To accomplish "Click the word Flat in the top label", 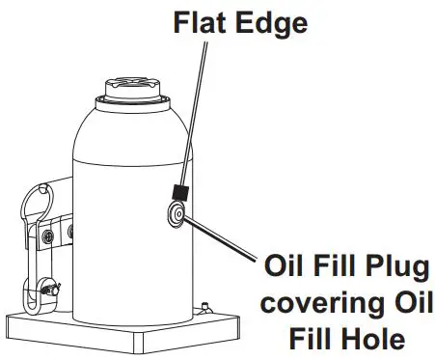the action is (197, 20).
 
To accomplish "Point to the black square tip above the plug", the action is (177, 192).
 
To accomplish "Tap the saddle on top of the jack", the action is (126, 90).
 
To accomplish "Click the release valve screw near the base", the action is (44, 288).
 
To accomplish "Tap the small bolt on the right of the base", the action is (205, 307).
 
